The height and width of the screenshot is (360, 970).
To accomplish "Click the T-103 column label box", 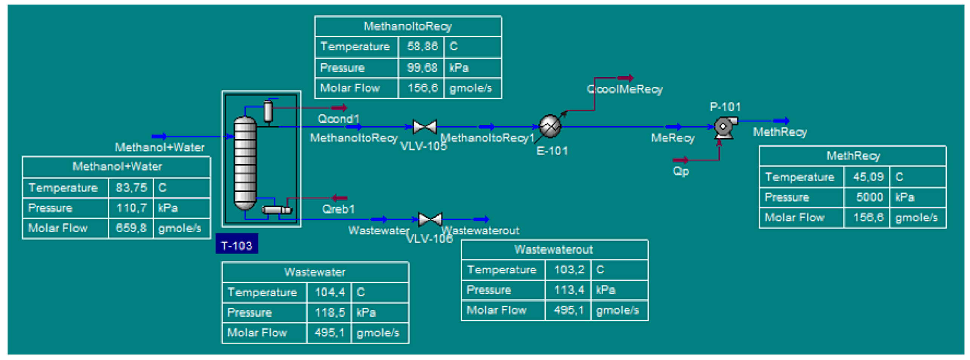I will point(236,245).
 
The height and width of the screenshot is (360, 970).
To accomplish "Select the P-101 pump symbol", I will point(724,127).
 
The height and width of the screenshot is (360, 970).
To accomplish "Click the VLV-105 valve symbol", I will point(424,127).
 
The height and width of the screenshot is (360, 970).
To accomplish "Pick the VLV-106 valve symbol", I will point(430,219).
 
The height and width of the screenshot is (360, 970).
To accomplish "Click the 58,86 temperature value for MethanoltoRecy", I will point(422,46).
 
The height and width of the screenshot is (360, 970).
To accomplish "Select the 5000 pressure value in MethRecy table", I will point(869,197).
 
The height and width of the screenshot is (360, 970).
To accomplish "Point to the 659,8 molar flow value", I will point(131,228).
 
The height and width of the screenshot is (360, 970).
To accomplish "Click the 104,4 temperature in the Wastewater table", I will point(329,292).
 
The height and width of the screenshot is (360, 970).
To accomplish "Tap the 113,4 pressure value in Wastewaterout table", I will point(569,290).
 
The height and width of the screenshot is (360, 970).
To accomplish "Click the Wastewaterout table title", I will point(553,250).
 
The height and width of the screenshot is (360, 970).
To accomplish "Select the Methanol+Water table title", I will point(117,166).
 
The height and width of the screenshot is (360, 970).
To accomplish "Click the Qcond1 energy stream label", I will point(338,119).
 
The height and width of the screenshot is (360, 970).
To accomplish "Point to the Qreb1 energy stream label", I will point(338,209).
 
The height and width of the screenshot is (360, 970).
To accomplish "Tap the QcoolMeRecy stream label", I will point(624,89).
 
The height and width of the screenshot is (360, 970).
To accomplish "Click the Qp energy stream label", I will point(680,171).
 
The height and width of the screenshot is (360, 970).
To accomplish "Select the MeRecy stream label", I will point(673,138).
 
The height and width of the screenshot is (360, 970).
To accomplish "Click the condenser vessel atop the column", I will point(268,111).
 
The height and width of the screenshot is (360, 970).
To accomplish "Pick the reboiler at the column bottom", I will point(276,210).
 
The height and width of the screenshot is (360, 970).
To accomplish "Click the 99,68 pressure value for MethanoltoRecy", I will point(422,68).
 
